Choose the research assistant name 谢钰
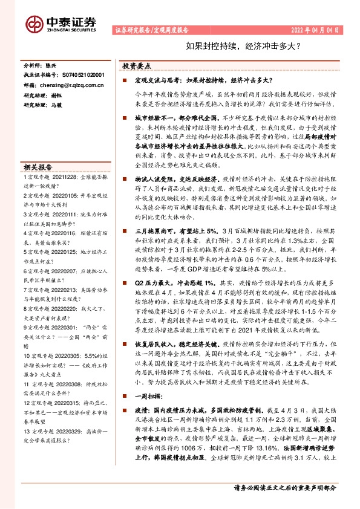point(56,96)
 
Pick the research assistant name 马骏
point(56,106)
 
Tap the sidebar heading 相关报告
point(38,167)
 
